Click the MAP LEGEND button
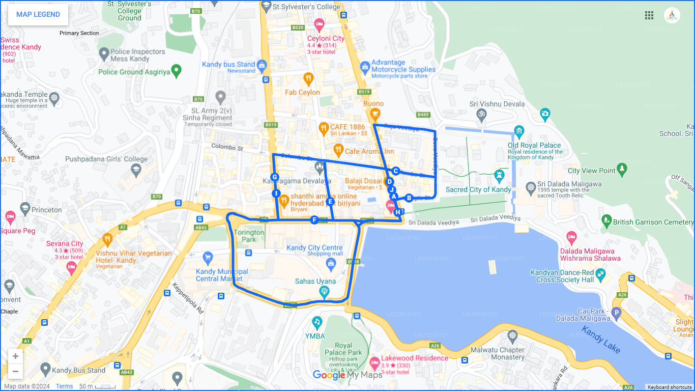click(38, 15)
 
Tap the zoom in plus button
click(15, 356)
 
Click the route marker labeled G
click(275, 177)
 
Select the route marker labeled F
click(314, 220)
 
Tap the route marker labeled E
click(330, 202)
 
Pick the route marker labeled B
click(409, 198)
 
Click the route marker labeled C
click(395, 171)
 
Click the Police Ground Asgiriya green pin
click(177, 71)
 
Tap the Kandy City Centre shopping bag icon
click(331, 263)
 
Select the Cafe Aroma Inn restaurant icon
click(338, 150)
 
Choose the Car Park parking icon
click(616, 313)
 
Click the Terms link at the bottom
click(64, 386)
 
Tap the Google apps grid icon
click(649, 15)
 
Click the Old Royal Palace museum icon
click(519, 132)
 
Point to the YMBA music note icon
click(317, 322)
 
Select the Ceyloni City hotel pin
click(319, 24)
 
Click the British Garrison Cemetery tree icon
click(606, 220)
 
